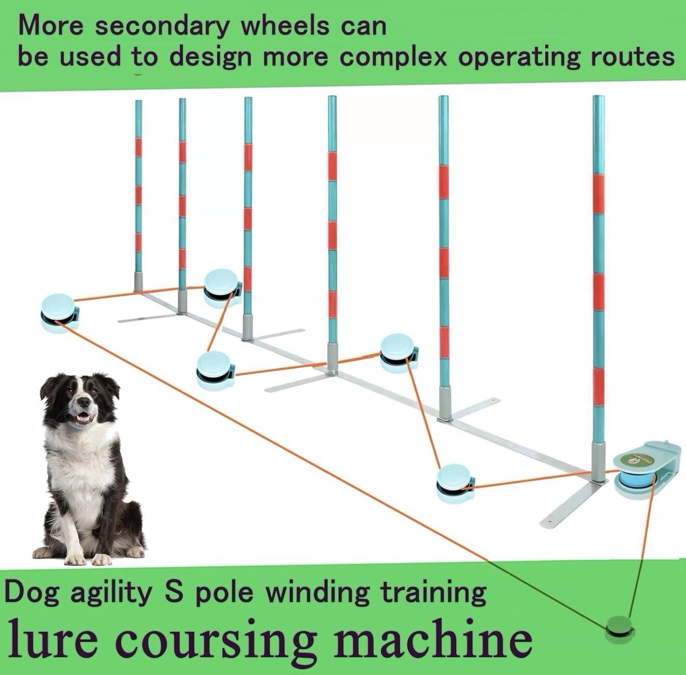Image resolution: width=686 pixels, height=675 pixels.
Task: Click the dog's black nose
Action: [x=84, y=403]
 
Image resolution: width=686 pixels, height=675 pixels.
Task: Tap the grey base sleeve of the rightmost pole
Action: [x=598, y=462]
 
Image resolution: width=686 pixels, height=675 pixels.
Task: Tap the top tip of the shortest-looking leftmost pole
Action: [x=138, y=101]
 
